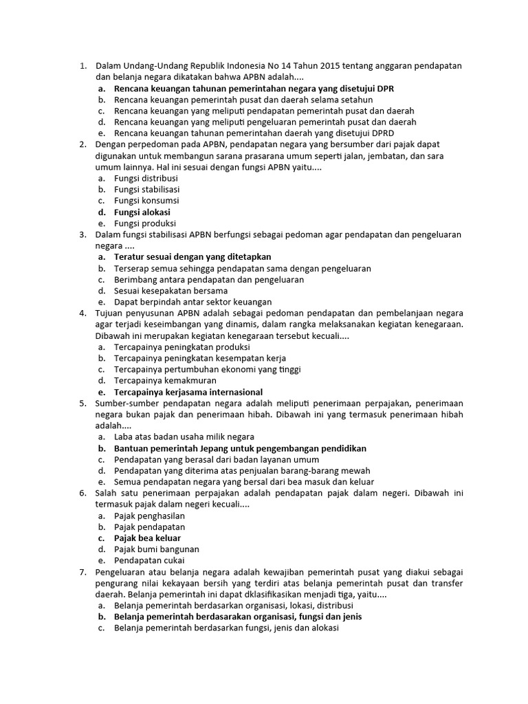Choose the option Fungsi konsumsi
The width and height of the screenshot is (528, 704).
click(x=146, y=201)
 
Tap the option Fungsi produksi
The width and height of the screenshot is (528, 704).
click(x=145, y=223)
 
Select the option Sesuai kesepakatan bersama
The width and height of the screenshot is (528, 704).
click(x=170, y=290)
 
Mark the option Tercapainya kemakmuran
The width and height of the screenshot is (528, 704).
click(x=165, y=380)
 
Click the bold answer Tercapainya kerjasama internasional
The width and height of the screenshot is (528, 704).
click(x=188, y=392)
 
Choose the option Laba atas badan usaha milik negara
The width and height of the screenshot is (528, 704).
click(x=184, y=437)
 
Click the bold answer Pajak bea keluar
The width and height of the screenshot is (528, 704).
click(x=147, y=538)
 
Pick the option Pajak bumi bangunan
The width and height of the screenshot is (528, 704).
click(x=156, y=549)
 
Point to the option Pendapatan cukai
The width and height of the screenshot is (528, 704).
click(x=149, y=560)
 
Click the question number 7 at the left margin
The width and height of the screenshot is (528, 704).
click(x=82, y=572)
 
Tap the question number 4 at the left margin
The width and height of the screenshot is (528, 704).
click(x=82, y=313)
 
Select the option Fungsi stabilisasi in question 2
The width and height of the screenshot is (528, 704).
click(x=146, y=189)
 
